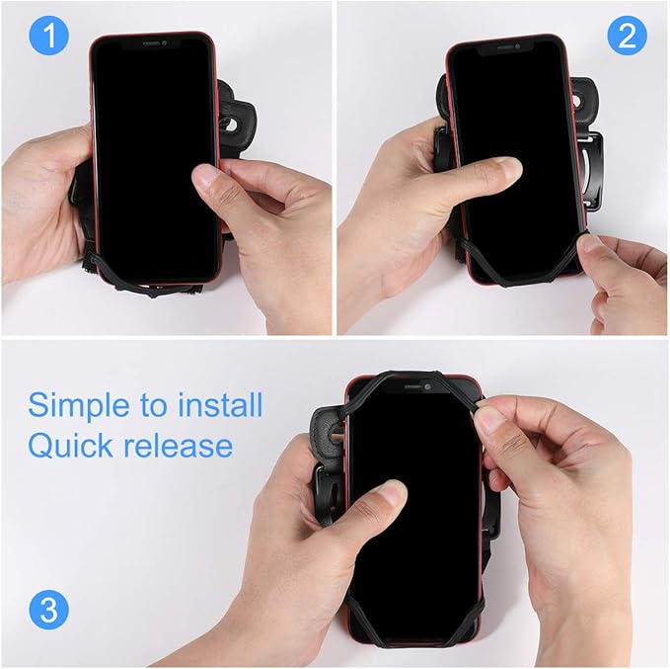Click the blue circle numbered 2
click(626, 37)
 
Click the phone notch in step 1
click(154, 43)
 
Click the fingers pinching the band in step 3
click(491, 420)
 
